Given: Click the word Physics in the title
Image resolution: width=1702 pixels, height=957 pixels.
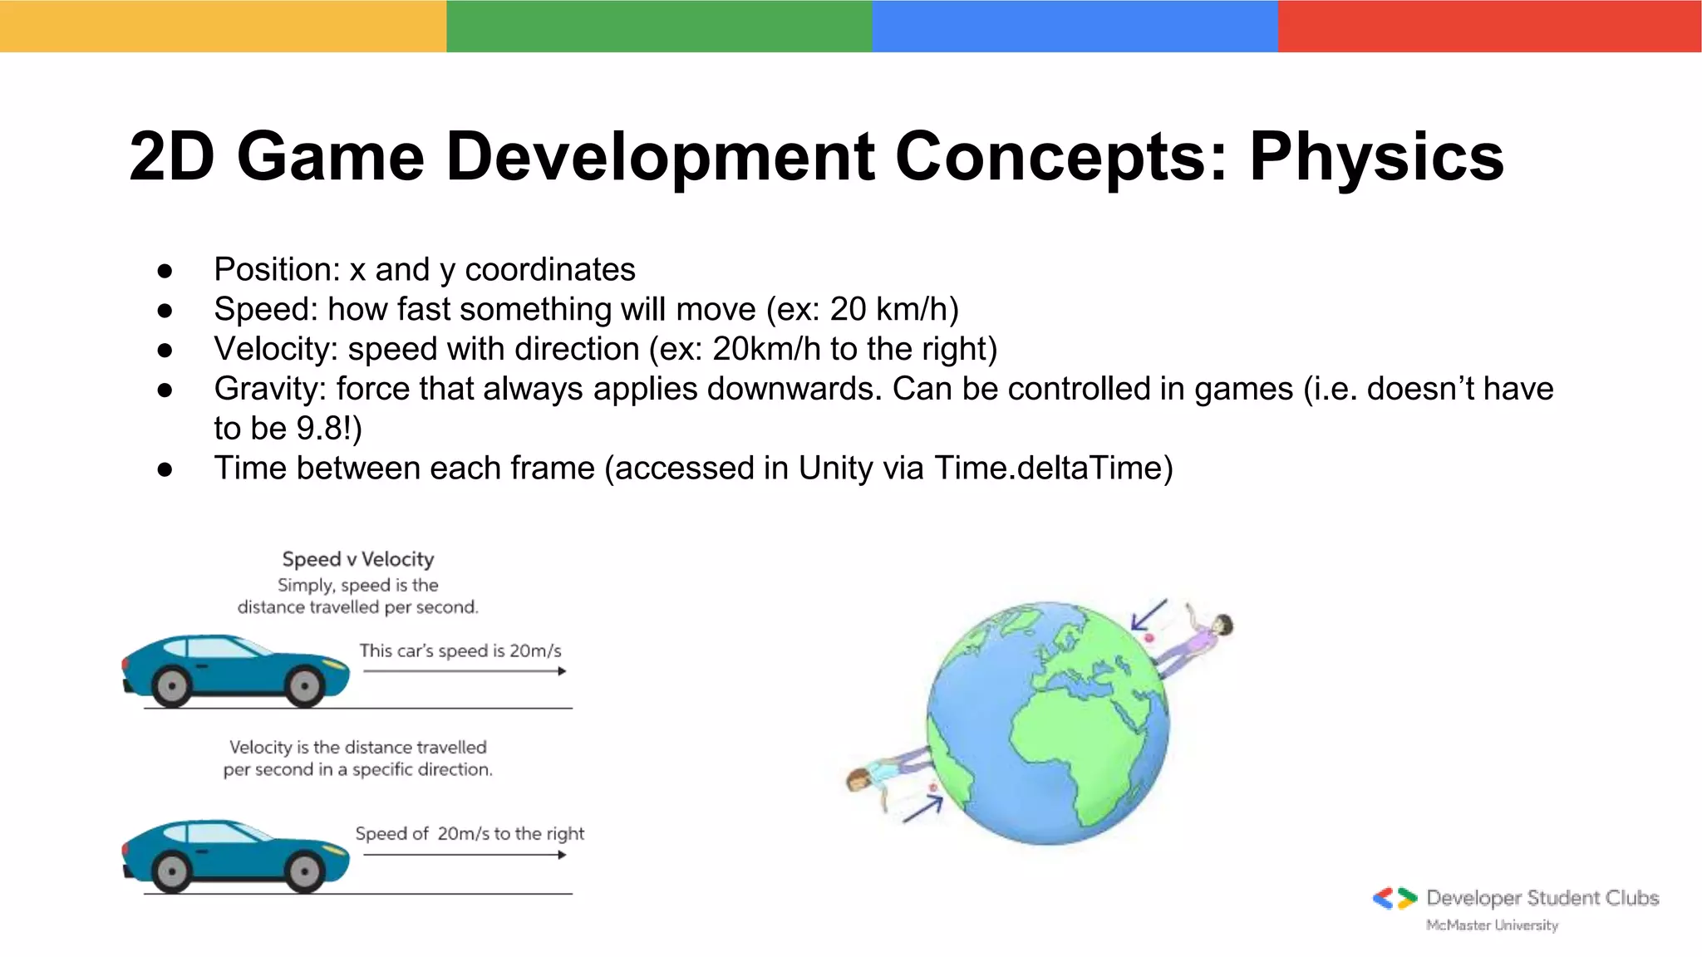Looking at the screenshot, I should pos(1376,156).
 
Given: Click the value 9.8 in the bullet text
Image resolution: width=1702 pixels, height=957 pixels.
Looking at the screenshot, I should pos(318,429).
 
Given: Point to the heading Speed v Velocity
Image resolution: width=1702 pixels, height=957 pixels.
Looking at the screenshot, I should pos(358,559).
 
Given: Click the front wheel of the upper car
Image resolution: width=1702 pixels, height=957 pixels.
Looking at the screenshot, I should pos(303,686).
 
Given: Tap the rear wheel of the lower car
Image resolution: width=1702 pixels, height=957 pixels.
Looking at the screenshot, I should pos(172,871).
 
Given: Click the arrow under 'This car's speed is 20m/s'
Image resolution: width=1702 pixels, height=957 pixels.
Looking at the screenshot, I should pos(465,671).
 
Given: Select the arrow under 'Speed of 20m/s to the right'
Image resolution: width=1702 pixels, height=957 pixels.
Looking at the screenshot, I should pos(465,855).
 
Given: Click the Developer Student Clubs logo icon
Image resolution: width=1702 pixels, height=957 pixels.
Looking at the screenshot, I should pos(1395,898).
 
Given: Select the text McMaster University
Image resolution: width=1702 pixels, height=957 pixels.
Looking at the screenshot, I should pos(1492,925).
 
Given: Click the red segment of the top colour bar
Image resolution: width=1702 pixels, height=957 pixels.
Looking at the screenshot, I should pos(1489,26).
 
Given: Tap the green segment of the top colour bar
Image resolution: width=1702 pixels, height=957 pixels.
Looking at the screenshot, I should pos(658,26).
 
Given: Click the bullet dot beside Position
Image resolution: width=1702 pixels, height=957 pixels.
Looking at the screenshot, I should pos(165,271).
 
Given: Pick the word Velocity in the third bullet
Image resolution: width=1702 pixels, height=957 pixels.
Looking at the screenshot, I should pos(273,349).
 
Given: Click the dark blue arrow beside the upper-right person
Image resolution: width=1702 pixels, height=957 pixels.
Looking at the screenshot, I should pos(1149,616).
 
